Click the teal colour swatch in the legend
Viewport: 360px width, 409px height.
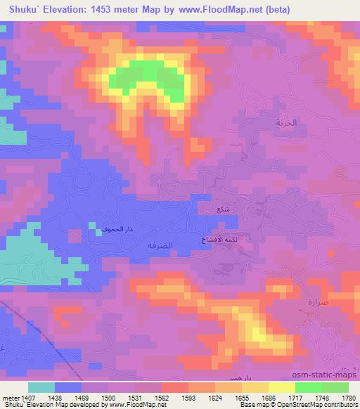pyautogui.click(x=41, y=387)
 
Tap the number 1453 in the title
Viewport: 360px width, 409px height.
pyautogui.click(x=104, y=9)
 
